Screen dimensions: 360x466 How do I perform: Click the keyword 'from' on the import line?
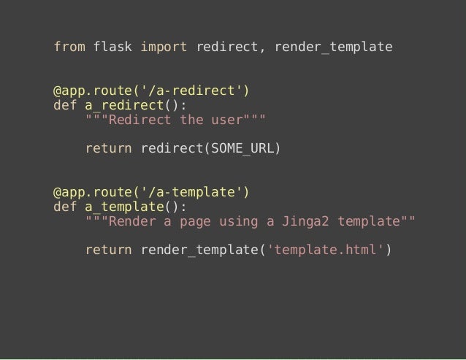pyautogui.click(x=69, y=47)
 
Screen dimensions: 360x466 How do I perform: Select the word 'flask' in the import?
pyautogui.click(x=112, y=47)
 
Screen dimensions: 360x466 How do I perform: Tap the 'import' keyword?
pyautogui.click(x=164, y=47)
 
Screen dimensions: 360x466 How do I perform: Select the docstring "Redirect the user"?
pyautogui.click(x=175, y=120)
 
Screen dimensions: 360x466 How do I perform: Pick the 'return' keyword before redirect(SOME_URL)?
pyautogui.click(x=109, y=150)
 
